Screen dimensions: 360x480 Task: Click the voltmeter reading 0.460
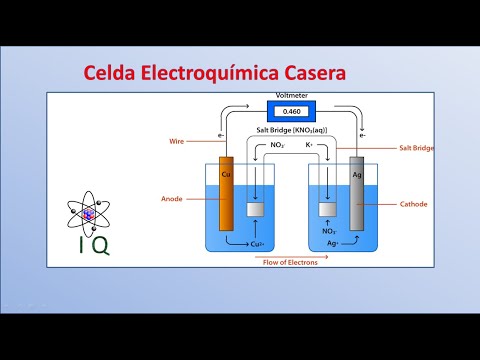[290, 112]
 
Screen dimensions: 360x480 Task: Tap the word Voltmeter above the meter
[290, 97]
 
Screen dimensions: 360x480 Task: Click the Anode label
[172, 198]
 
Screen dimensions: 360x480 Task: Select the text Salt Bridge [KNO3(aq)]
[290, 131]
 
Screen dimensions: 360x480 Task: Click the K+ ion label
[310, 146]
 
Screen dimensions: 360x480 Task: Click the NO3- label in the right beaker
[328, 229]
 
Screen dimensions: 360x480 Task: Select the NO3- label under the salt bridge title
[266, 146]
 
